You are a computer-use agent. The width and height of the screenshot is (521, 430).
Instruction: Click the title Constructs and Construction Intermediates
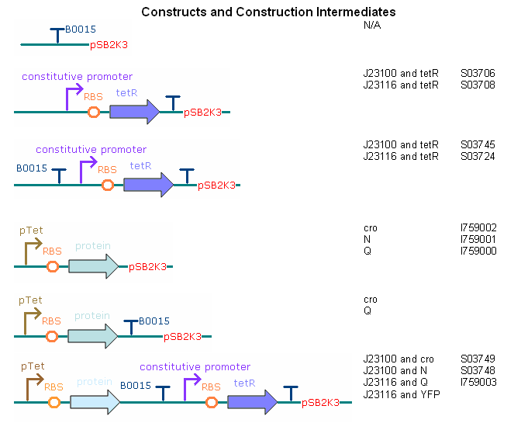(268, 12)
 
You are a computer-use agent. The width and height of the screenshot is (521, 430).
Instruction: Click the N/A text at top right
(372, 26)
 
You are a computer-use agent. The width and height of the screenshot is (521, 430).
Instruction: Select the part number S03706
(478, 74)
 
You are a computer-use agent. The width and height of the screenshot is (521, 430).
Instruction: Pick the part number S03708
(478, 85)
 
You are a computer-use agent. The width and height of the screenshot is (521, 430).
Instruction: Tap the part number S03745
(478, 145)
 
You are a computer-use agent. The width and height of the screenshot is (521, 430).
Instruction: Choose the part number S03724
(478, 156)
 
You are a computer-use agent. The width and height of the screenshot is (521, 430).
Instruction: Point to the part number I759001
(478, 240)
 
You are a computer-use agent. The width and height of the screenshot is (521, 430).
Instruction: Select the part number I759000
(478, 251)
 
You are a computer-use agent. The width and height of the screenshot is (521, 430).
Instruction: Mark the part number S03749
(478, 359)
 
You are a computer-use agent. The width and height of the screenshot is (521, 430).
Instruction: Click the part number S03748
(478, 371)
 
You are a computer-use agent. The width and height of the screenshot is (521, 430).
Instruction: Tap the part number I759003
(478, 383)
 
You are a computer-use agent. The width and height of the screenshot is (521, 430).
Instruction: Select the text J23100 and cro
(399, 359)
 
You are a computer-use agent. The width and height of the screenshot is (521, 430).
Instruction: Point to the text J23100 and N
(396, 371)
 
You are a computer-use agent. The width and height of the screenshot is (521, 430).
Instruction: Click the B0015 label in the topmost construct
(81, 29)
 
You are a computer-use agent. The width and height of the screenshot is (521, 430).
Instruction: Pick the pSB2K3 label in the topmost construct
(109, 45)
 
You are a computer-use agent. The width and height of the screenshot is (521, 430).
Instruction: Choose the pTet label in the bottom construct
(32, 366)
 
